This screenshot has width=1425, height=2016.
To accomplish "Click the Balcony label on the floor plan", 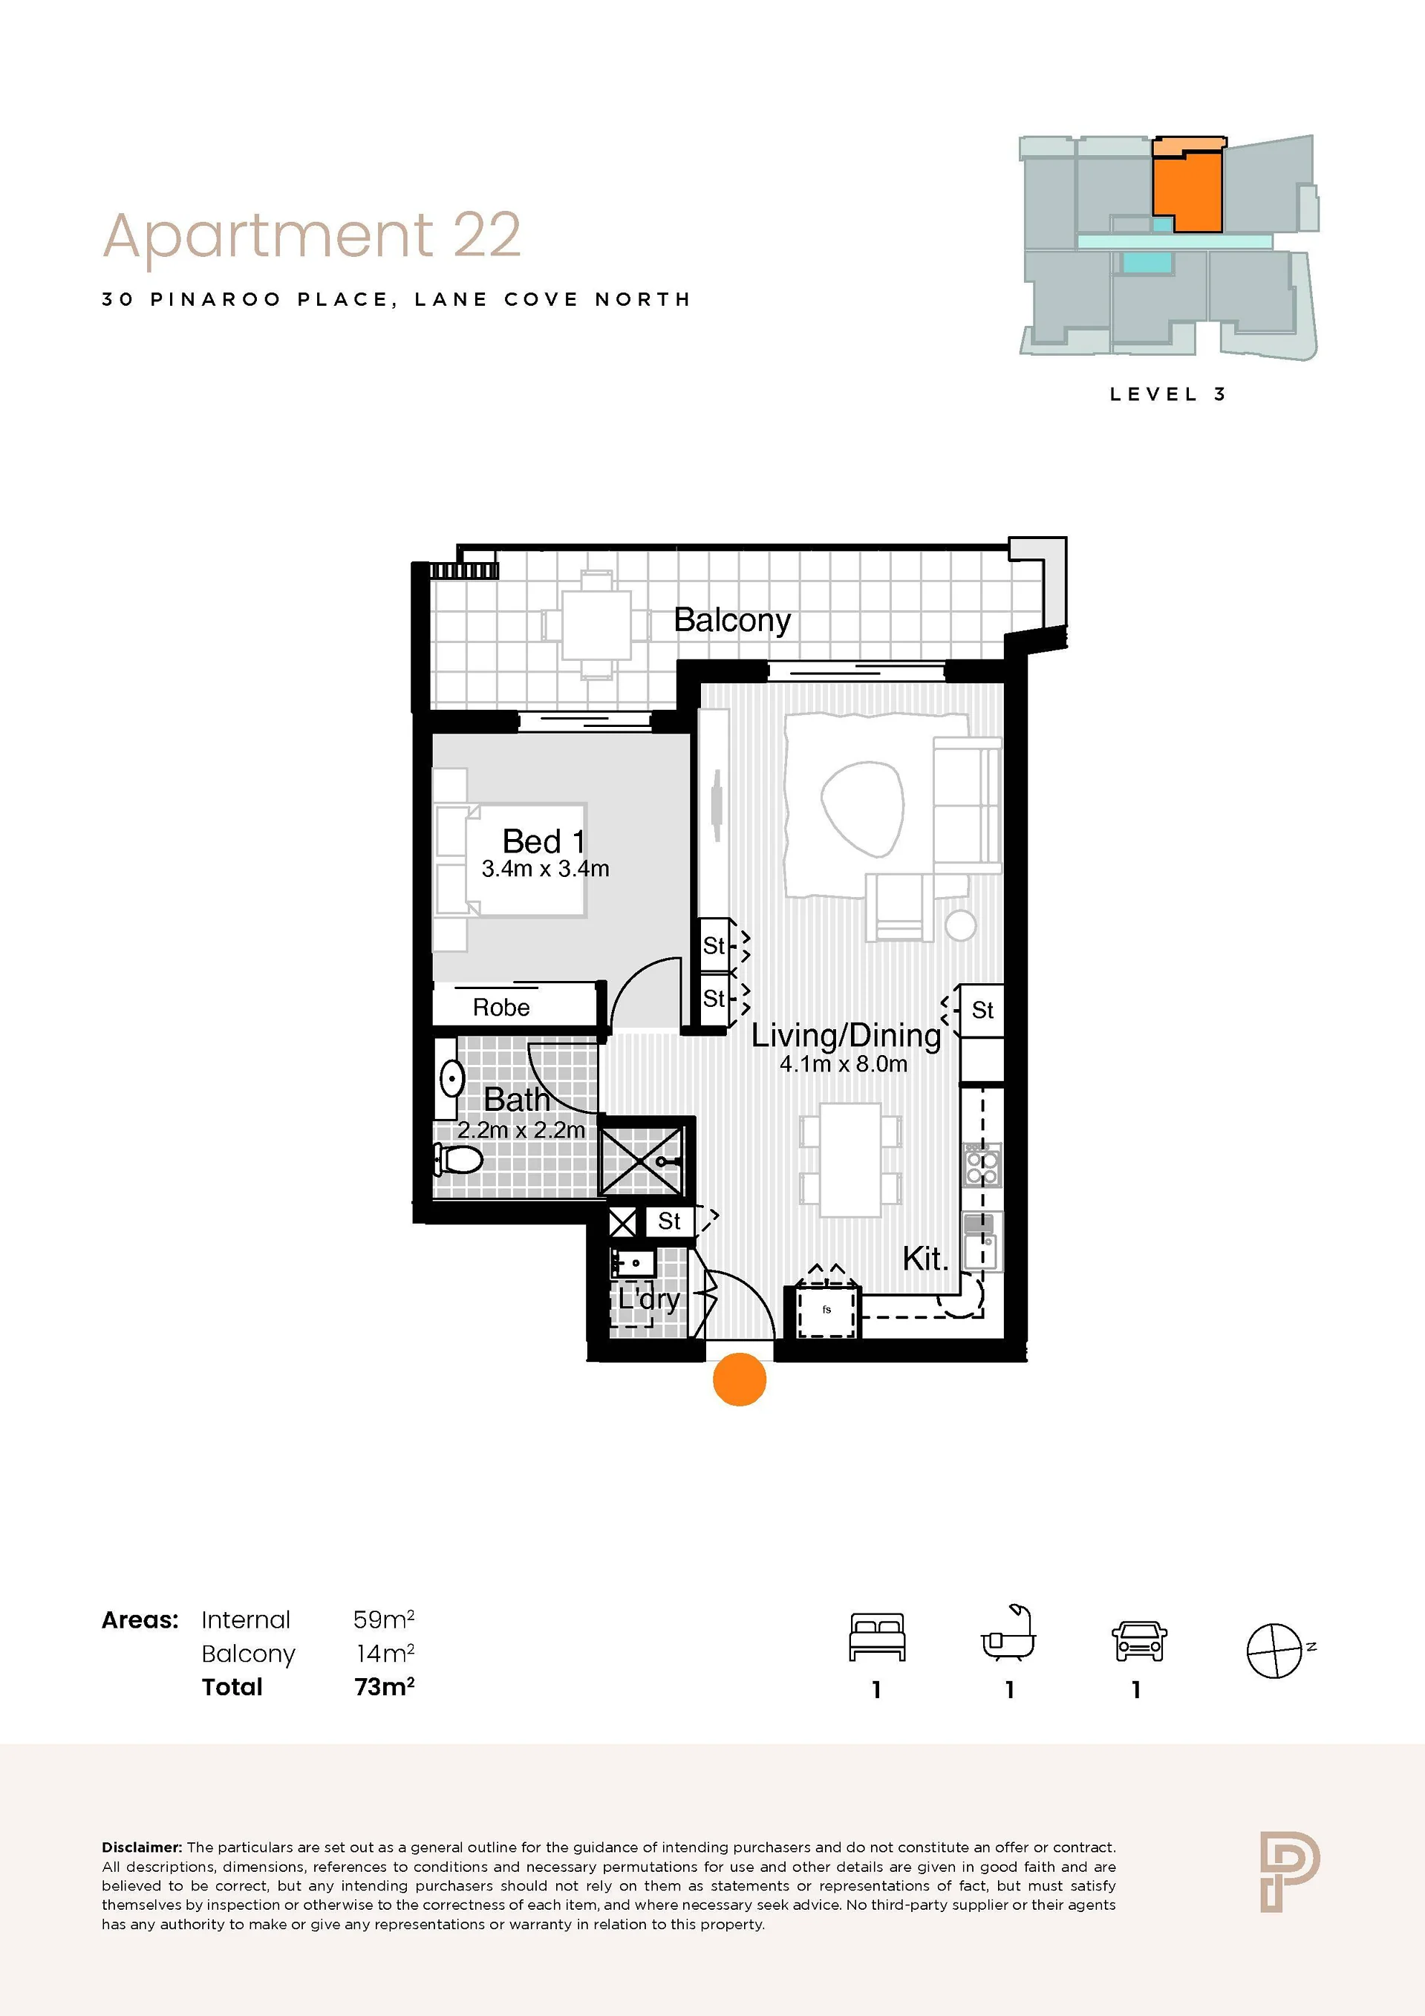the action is click(x=732, y=621).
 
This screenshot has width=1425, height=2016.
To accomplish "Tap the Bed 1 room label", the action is click(x=544, y=841).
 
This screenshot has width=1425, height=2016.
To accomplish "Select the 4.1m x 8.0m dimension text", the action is click(x=844, y=1064).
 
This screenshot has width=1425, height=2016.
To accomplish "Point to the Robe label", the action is click(x=501, y=1007).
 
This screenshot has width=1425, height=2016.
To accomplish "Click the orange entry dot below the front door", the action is click(x=740, y=1380).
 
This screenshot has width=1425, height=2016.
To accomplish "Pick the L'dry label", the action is click(x=649, y=1299).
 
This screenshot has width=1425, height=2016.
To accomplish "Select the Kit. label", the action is click(x=925, y=1259).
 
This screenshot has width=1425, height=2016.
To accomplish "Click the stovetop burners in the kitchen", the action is click(x=982, y=1165).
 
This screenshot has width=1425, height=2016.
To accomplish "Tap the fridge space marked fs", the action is click(x=827, y=1310).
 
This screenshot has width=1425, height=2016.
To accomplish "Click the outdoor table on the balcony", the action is click(x=596, y=624).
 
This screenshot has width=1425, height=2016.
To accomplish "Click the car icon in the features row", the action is click(x=1139, y=1640).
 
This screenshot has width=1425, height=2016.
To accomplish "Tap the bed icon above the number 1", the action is click(x=877, y=1637).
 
